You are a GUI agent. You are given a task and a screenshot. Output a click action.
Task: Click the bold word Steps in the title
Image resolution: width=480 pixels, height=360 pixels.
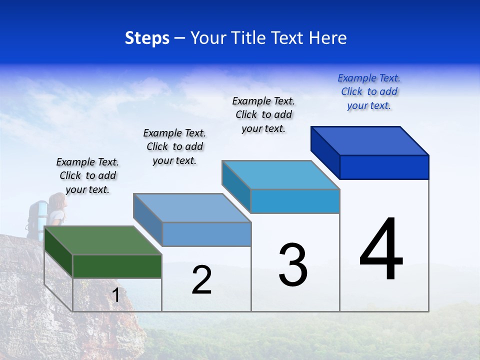click(x=147, y=38)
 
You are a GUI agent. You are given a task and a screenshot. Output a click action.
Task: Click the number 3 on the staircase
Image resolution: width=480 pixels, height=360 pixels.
click(x=293, y=265)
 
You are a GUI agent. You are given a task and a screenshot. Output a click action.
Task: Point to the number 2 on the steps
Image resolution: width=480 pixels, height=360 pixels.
click(x=201, y=280)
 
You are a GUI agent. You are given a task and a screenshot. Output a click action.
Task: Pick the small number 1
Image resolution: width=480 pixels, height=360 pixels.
click(x=116, y=295)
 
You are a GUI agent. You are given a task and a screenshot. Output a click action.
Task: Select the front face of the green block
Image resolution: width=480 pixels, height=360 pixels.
click(x=117, y=266)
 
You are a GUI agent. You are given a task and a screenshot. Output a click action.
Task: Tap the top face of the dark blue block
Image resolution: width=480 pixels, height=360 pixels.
click(x=369, y=140)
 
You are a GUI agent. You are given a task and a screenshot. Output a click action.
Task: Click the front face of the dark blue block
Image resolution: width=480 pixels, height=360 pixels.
click(x=384, y=167)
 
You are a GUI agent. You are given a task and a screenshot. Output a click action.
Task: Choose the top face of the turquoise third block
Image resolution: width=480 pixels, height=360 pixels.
click(x=280, y=175)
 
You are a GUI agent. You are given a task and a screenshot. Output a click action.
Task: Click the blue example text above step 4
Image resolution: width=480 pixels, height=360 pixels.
click(x=369, y=92)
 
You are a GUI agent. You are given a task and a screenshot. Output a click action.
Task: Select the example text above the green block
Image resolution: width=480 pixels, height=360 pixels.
click(x=87, y=175)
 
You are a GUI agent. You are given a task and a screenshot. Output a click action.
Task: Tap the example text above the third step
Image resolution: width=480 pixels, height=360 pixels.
click(x=263, y=114)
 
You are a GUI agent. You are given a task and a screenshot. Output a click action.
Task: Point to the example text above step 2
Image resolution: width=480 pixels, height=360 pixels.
click(x=174, y=146)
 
